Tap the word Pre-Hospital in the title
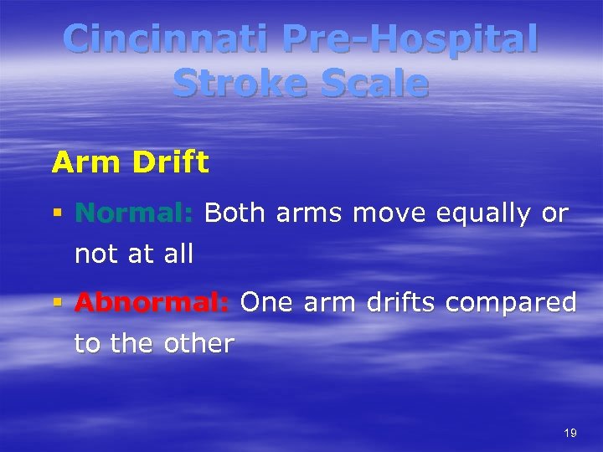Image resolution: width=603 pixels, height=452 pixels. pos(410,40)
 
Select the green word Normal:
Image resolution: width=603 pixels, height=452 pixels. pos(134,213)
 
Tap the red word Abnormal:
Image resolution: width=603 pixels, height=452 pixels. pos(152,303)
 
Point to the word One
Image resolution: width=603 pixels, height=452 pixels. pos(266,303)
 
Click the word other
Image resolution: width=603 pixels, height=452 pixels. pos(198,343)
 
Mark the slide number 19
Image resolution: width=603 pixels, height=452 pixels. pos(570,433)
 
